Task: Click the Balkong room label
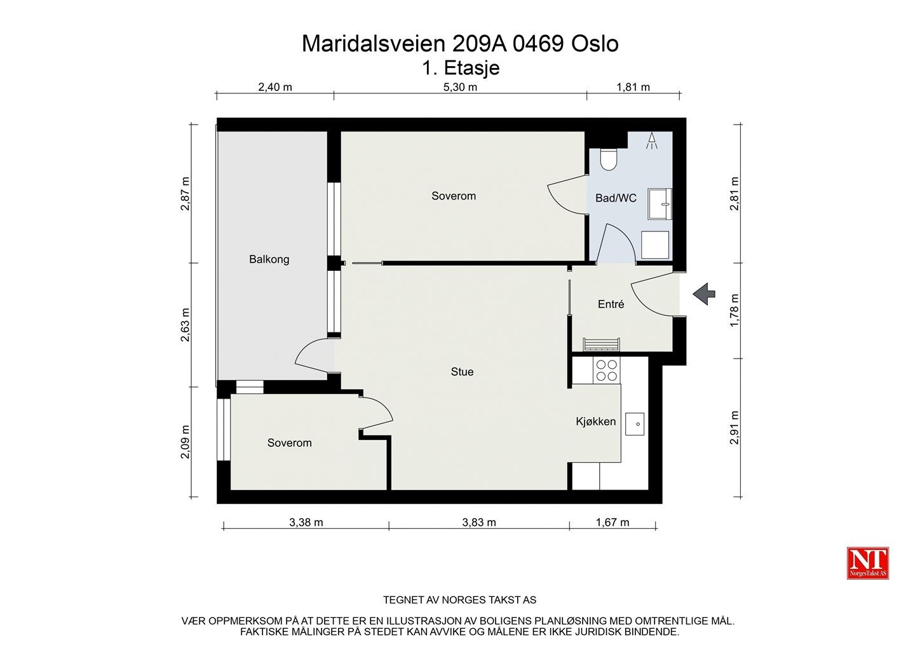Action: (269, 259)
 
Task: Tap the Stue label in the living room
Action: (462, 371)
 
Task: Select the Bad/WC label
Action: (616, 198)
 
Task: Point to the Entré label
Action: (611, 304)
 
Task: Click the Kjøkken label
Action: (595, 421)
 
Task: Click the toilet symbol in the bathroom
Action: (609, 159)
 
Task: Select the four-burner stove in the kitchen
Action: (606, 370)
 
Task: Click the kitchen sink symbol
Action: (635, 424)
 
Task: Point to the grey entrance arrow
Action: (704, 294)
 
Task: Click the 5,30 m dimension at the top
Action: (460, 87)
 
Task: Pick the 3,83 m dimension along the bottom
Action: (479, 523)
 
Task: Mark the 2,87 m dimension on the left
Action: (186, 193)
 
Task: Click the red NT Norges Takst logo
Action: (868, 563)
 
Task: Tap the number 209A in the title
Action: (479, 44)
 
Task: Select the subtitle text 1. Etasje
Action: (461, 68)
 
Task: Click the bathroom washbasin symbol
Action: (660, 204)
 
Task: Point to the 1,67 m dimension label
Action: (612, 523)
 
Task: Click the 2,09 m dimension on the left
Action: (186, 442)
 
